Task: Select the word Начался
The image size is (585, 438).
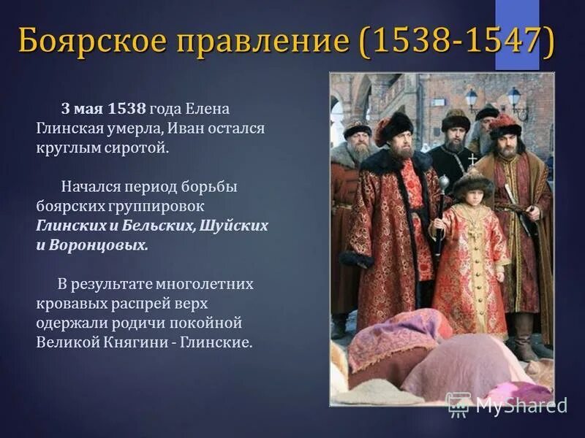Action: (x=90, y=186)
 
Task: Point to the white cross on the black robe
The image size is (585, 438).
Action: (x=472, y=158)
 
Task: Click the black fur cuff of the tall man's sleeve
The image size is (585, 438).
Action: (x=355, y=258)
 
